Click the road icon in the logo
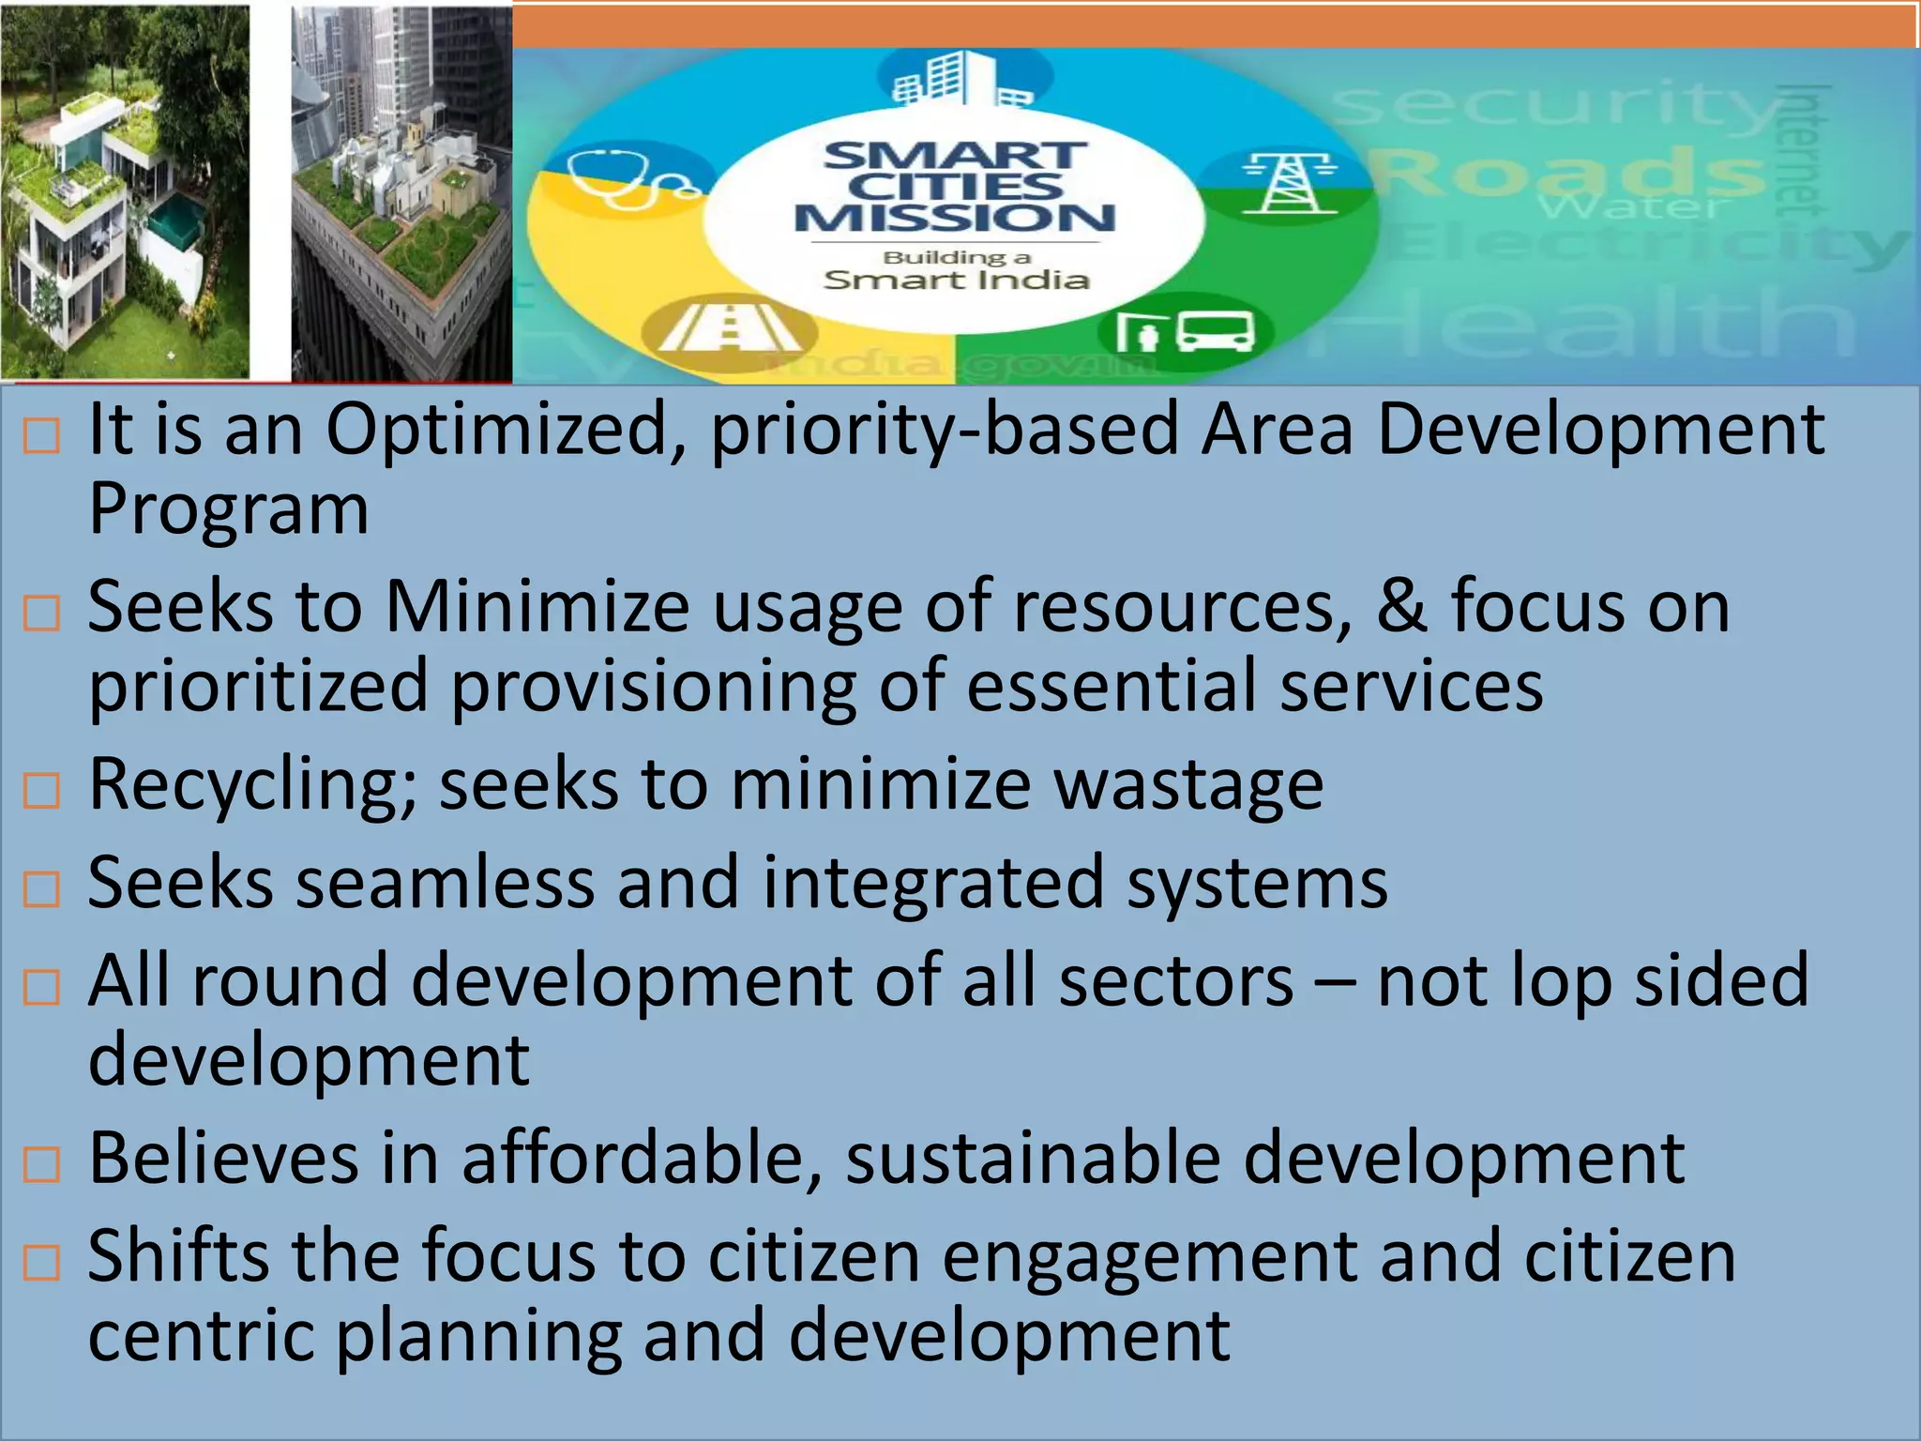coord(729,328)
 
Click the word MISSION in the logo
coord(955,218)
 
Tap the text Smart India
coord(955,280)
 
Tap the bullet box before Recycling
coord(41,791)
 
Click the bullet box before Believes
coord(41,1164)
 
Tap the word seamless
coord(445,882)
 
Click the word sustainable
coord(1032,1158)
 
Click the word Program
coord(228,509)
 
